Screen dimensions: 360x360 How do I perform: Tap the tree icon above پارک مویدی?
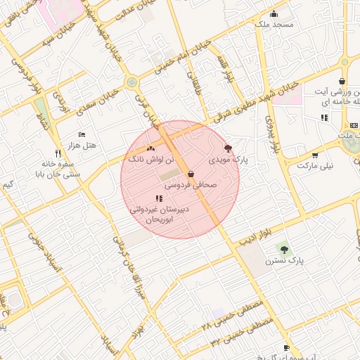(227, 148)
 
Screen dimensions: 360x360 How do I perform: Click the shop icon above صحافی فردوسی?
(191, 174)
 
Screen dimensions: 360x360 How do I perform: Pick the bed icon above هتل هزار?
(82, 134)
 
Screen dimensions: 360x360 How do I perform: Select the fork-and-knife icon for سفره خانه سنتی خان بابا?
(58, 153)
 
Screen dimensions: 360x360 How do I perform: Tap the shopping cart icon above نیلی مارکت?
(314, 155)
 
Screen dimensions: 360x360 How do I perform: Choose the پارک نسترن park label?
(284, 260)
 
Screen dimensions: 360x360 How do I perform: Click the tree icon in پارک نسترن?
(284, 248)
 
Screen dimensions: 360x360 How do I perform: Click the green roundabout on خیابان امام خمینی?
(131, 83)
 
